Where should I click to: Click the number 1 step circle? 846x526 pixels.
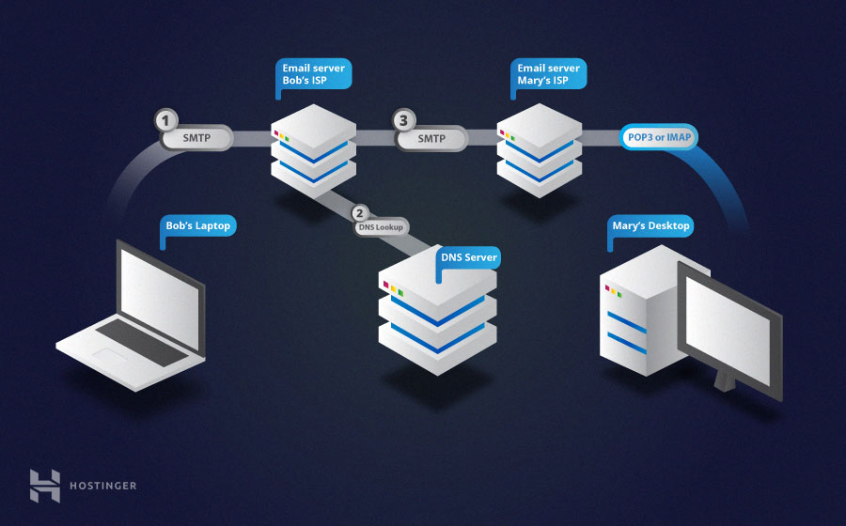point(166,121)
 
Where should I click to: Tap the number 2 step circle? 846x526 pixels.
point(358,213)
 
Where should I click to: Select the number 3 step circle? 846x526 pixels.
point(404,121)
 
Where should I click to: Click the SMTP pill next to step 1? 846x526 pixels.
point(196,139)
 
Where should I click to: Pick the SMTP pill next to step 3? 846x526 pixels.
point(431,139)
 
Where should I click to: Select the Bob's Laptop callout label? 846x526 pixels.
point(197,226)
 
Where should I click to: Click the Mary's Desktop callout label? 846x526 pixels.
point(650,226)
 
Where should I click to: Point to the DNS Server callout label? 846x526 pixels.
point(469,257)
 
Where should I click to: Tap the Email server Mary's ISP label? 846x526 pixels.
point(549,74)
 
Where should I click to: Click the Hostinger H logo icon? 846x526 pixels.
point(44,485)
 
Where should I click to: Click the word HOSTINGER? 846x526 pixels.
point(102,486)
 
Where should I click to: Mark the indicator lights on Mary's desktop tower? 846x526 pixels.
point(616,291)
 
